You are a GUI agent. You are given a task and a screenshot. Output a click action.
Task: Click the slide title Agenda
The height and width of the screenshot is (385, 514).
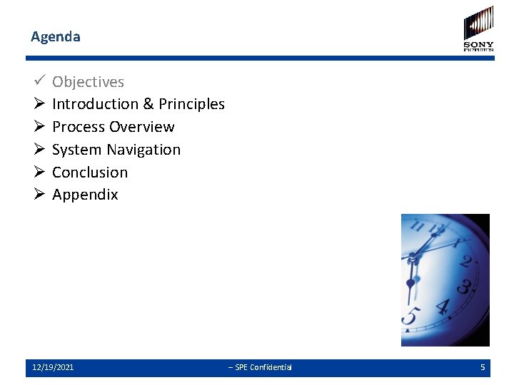(56, 36)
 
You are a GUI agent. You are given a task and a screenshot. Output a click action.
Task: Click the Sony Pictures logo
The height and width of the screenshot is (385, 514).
(478, 29)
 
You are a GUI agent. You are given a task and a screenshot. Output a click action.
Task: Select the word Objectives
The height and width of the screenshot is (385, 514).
(88, 82)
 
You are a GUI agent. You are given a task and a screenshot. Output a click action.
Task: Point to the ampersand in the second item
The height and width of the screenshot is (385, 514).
(148, 104)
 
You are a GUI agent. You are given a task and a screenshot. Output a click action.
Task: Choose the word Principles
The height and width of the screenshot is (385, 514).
(191, 104)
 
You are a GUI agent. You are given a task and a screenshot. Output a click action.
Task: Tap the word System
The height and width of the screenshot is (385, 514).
(76, 150)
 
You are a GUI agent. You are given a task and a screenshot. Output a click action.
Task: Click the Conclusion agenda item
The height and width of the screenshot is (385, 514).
(90, 173)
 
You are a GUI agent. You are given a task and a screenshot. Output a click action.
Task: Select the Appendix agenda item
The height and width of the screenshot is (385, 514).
(85, 195)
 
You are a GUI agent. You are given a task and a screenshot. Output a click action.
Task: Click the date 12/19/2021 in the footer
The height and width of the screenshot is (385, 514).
(53, 367)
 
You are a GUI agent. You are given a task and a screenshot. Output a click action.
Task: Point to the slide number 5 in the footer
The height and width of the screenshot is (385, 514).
(483, 367)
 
